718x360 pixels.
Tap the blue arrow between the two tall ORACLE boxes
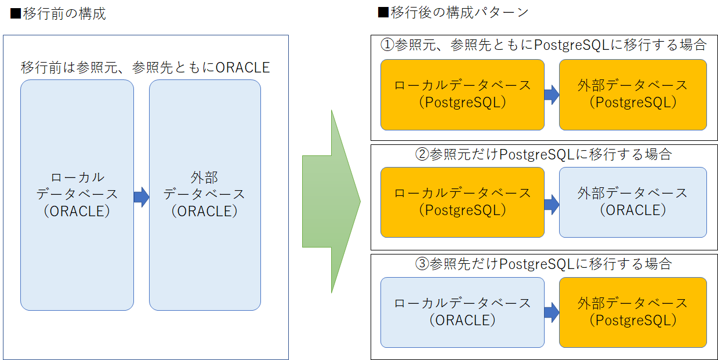(x=142, y=197)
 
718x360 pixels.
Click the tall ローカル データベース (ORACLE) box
(x=77, y=195)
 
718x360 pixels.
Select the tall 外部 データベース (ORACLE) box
(x=205, y=195)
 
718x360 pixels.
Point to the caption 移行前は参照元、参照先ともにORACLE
(x=145, y=68)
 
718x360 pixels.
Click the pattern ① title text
(x=543, y=45)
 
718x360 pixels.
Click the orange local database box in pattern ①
(x=463, y=95)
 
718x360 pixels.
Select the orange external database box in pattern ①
(x=633, y=95)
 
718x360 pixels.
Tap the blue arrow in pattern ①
(x=552, y=95)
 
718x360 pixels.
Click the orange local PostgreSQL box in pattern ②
(x=463, y=202)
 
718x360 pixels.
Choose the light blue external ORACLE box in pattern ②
(x=633, y=202)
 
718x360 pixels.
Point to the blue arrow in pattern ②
(x=552, y=204)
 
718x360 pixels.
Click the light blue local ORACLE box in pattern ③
(x=463, y=312)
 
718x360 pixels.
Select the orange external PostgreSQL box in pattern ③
(x=633, y=312)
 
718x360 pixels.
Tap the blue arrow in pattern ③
(x=552, y=312)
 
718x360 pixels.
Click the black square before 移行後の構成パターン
(x=383, y=13)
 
